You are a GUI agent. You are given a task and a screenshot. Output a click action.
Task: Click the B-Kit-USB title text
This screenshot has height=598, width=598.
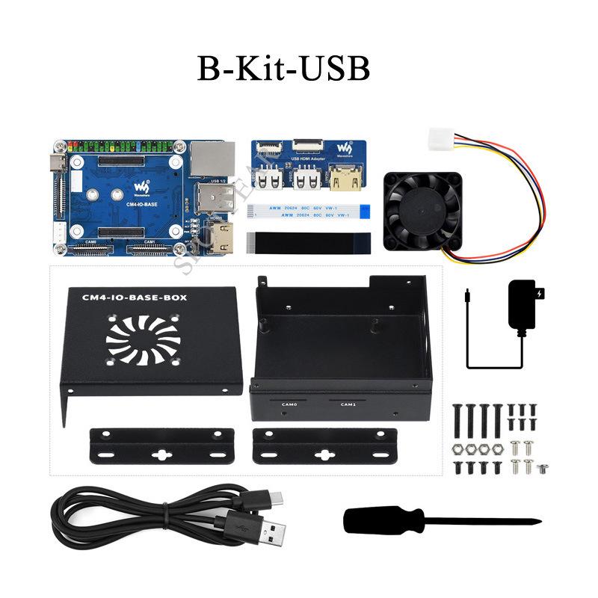tap(283, 67)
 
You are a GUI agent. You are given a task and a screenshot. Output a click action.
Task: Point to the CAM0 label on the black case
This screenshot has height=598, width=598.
tap(289, 404)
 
